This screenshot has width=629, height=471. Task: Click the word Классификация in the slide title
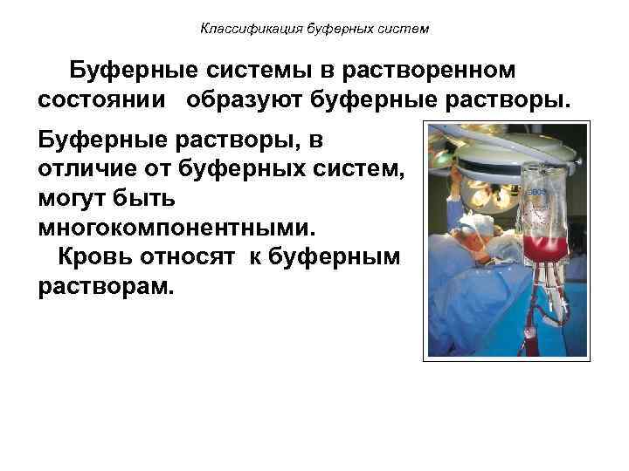pos(242,29)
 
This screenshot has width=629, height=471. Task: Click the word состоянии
pos(106,99)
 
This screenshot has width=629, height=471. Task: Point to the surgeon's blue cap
pos(468,230)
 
